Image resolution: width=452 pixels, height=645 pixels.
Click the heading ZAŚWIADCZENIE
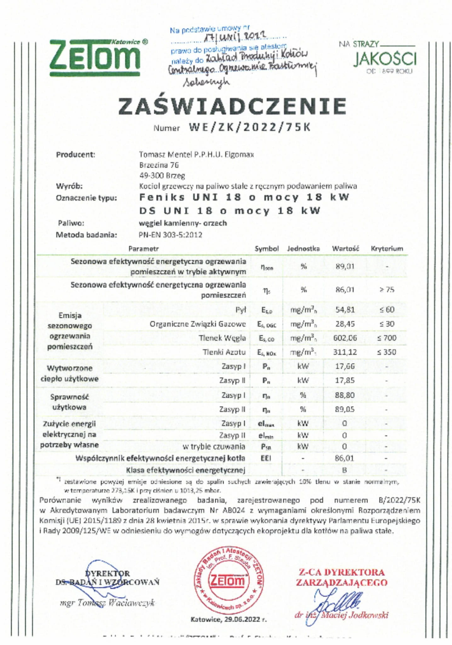tap(232, 106)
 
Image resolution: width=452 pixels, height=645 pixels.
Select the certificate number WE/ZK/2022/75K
tap(249, 127)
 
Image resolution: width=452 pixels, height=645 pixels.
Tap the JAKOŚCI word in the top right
tap(385, 59)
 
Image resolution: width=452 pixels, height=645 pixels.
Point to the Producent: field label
tap(76, 155)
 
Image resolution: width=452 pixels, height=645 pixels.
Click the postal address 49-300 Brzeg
tap(162, 176)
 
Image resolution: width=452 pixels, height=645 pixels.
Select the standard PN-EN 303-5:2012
tap(170, 235)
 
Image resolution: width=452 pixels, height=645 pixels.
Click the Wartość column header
tap(345, 249)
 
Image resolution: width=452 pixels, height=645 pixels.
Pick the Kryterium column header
tap(387, 249)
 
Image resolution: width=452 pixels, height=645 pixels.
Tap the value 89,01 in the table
tap(345, 267)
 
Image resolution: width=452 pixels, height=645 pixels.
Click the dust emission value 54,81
tap(345, 310)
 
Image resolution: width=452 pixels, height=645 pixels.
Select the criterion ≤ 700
tap(387, 338)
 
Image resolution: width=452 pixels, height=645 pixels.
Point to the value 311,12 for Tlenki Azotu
tap(345, 352)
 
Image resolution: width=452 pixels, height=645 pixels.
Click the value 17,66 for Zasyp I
tap(345, 366)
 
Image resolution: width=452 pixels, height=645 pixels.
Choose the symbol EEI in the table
tap(266, 458)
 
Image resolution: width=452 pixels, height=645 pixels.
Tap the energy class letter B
tap(345, 470)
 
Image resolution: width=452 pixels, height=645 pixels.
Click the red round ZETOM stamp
tap(229, 580)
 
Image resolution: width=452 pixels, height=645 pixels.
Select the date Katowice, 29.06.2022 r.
tap(229, 619)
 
